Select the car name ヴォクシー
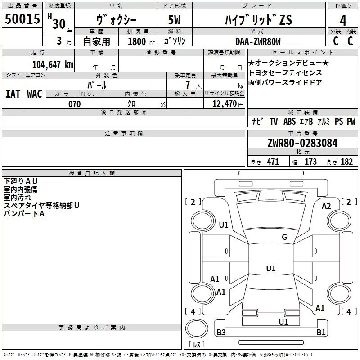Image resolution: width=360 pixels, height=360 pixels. (x=115, y=20)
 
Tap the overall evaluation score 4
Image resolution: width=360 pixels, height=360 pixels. (x=343, y=20)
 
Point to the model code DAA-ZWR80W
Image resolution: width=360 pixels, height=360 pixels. (x=257, y=41)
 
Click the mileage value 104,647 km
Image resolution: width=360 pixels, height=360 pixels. (x=53, y=64)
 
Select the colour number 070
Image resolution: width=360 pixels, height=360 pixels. (x=74, y=104)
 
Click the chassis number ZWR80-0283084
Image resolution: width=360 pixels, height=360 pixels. (x=302, y=144)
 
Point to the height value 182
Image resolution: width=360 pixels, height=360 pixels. (x=346, y=162)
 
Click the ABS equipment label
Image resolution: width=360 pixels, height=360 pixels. (x=289, y=121)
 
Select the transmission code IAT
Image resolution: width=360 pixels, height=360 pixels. (x=13, y=94)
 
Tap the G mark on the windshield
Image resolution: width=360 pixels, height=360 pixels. (x=284, y=237)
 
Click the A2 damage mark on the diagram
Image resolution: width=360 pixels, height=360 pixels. (x=326, y=206)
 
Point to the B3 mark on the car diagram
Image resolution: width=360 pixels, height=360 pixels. (x=221, y=333)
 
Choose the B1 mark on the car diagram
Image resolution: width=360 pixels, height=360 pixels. (x=321, y=333)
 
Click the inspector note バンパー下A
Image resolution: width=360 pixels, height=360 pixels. (x=24, y=213)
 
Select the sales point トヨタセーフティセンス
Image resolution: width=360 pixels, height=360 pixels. (x=285, y=72)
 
